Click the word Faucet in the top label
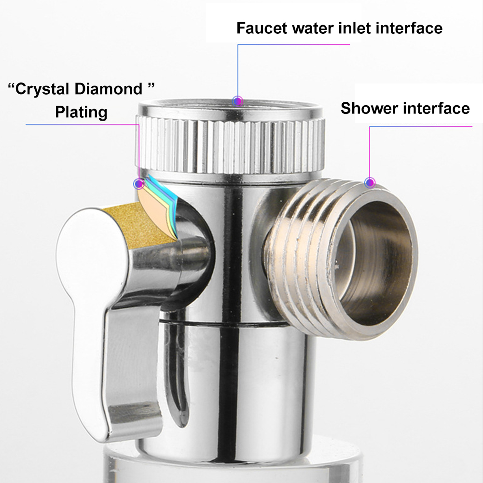tap(262, 28)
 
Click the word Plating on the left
tap(82, 112)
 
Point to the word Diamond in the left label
tap(109, 89)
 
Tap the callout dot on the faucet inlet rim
tap(237, 101)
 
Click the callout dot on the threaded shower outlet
tap(370, 183)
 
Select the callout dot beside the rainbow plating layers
tap(139, 184)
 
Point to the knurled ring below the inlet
tap(230, 145)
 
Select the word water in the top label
tap(313, 28)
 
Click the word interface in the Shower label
tap(437, 109)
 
